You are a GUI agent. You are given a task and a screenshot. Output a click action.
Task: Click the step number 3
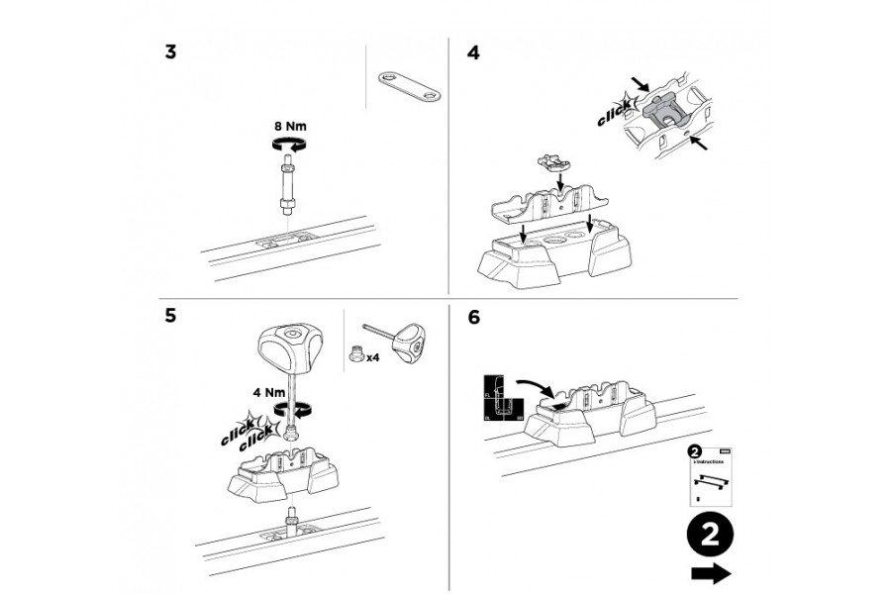(x=171, y=52)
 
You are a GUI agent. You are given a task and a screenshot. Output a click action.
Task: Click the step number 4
(x=472, y=52)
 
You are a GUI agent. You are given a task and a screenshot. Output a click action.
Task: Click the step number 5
(x=171, y=316)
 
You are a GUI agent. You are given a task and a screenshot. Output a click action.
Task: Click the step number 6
(x=473, y=317)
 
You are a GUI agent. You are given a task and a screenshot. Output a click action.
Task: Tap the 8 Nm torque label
(x=291, y=127)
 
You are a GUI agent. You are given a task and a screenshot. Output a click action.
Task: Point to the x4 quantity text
(x=374, y=357)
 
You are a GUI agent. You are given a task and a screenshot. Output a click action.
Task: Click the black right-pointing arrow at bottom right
(x=711, y=573)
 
